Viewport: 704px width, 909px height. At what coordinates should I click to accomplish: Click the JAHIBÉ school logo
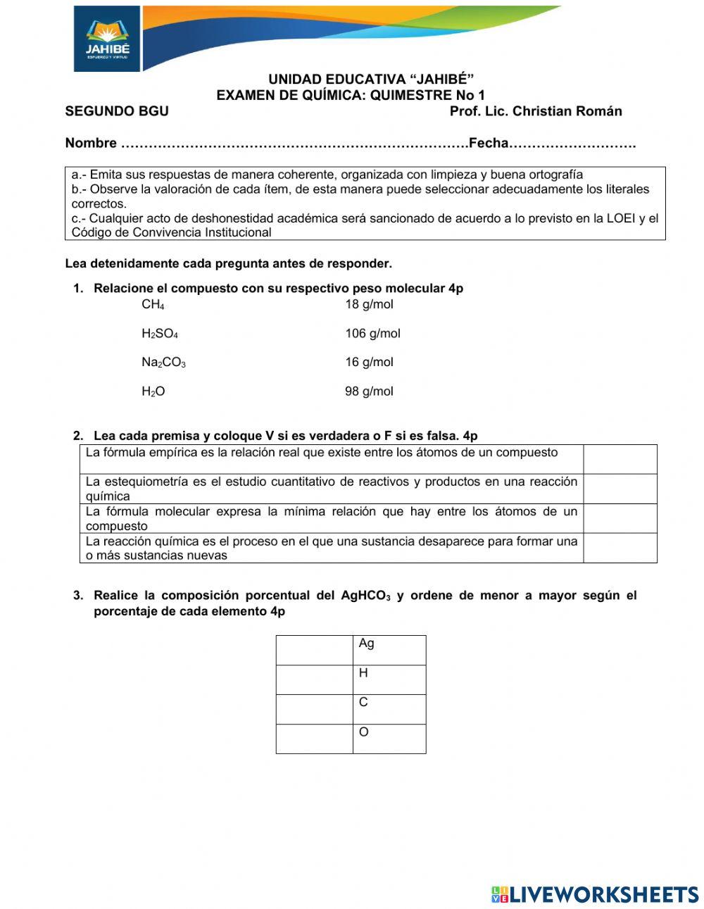pos(107,39)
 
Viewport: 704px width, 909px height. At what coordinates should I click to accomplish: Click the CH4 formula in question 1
pos(153,305)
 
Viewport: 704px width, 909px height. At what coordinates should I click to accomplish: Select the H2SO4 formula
pos(160,334)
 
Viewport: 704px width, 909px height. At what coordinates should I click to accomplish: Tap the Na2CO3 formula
pos(163,363)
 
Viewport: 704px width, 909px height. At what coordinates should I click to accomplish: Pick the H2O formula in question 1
pos(153,391)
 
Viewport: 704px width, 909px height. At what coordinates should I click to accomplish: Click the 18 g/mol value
pos(369,305)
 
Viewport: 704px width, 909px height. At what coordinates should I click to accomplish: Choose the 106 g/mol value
pos(372,334)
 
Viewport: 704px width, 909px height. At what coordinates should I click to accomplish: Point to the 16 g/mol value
pos(369,363)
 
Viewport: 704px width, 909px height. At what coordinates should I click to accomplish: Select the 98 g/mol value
pos(369,391)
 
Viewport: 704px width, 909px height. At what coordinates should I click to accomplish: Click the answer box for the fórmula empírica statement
pos(620,459)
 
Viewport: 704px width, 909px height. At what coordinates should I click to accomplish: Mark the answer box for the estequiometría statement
pos(620,489)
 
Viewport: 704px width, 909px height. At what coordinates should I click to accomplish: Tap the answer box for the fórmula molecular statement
pos(620,518)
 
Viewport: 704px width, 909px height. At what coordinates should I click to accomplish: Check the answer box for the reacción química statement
pos(620,548)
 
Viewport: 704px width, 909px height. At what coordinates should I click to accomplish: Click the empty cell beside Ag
pos(314,650)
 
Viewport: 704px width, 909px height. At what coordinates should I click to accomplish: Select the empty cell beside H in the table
pos(314,679)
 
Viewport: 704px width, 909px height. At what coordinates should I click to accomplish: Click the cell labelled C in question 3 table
pos(389,709)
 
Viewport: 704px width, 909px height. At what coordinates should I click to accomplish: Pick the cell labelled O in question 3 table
pos(389,739)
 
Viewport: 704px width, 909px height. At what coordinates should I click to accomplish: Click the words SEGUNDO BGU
pos(117,111)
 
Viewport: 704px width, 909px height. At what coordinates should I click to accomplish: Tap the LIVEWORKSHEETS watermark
pos(595,894)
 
